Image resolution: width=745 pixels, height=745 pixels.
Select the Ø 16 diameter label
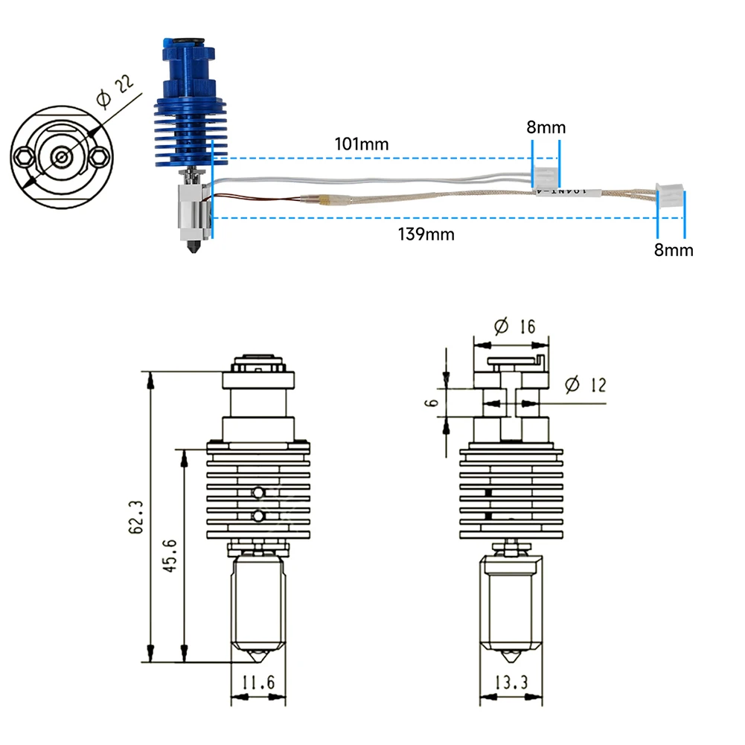pyautogui.click(x=514, y=326)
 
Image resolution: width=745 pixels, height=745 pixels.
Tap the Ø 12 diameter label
pyautogui.click(x=586, y=384)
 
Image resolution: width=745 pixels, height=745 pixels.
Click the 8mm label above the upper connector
pyautogui.click(x=546, y=127)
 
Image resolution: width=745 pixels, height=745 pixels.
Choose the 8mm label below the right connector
pyautogui.click(x=673, y=250)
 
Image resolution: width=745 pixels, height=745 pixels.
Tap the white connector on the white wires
pyautogui.click(x=546, y=177)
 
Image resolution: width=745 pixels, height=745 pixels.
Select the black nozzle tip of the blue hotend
pyautogui.click(x=194, y=246)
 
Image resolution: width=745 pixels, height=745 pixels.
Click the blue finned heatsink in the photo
pyautogui.click(x=184, y=134)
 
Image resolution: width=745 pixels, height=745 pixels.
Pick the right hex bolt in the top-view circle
pyautogui.click(x=100, y=156)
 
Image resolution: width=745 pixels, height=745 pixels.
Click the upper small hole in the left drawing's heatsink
pyautogui.click(x=258, y=492)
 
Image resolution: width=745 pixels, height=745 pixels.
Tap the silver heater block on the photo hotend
pyautogui.click(x=191, y=208)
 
